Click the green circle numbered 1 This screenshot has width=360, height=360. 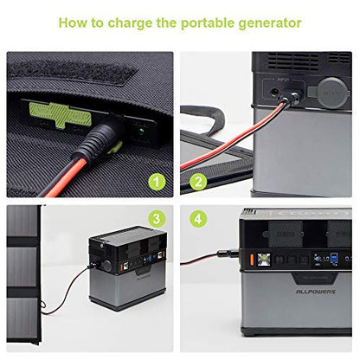coord(157,182)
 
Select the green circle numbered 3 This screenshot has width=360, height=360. coord(157,217)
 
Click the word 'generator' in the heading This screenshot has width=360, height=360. coord(270,22)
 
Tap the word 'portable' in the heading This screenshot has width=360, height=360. coord(209,22)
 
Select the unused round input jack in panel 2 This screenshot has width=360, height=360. coord(276,89)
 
